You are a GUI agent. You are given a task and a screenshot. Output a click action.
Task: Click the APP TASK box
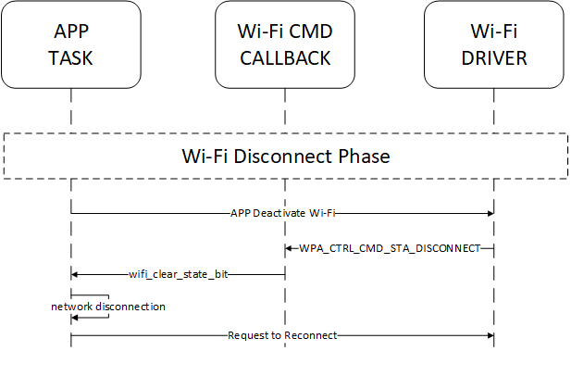tap(71, 44)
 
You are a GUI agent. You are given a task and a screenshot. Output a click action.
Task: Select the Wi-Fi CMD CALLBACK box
tap(285, 44)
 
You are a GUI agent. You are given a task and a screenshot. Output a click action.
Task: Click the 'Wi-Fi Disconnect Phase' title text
tap(285, 156)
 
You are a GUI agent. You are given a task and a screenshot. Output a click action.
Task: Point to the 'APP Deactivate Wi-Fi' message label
tap(282, 213)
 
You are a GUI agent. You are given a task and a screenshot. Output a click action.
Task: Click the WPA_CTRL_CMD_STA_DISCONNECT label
tap(389, 248)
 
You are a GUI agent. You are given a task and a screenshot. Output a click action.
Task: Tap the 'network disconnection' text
tap(108, 306)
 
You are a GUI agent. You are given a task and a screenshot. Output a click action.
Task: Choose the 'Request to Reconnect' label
tap(282, 334)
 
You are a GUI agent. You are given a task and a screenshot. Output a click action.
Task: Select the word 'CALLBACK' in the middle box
tap(285, 58)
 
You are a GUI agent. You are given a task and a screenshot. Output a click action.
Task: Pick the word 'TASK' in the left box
tap(71, 58)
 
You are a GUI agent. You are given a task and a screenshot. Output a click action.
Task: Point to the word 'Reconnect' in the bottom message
tap(308, 334)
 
